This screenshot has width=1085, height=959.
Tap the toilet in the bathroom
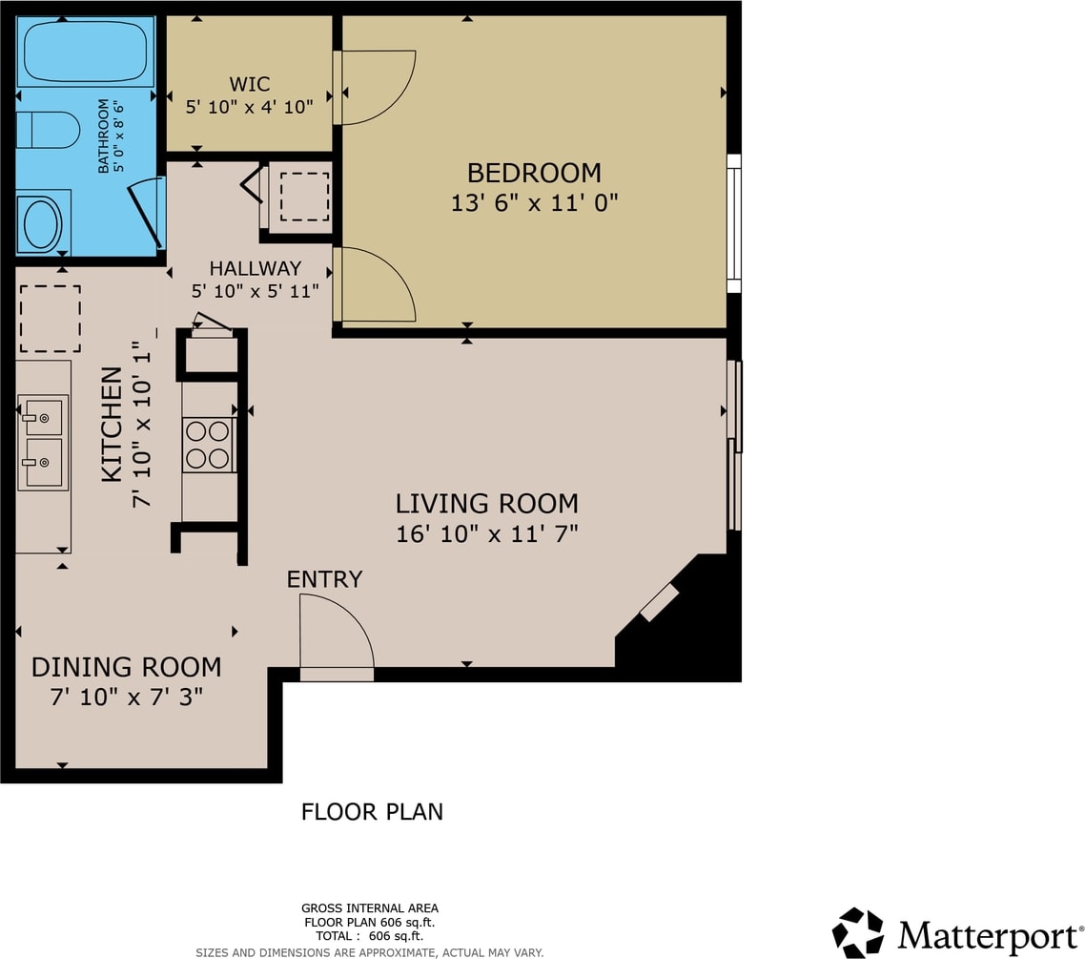tap(48, 130)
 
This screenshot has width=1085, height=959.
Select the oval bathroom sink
tap(43, 223)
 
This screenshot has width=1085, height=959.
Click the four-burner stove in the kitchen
tap(208, 445)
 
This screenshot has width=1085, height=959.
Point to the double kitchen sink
tap(43, 443)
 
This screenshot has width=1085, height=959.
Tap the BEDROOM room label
tap(534, 173)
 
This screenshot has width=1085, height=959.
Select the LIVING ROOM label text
tap(486, 504)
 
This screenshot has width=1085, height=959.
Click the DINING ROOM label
tap(127, 667)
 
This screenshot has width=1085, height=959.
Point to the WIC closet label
tap(249, 85)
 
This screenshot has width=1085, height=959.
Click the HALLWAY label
tap(256, 268)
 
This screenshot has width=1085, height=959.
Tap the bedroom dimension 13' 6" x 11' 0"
tap(534, 203)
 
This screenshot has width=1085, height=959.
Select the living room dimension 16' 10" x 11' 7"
tap(486, 533)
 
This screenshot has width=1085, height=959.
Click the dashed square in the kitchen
tap(50, 319)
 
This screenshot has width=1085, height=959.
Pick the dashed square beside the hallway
tap(304, 197)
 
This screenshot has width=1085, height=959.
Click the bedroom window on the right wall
tap(734, 223)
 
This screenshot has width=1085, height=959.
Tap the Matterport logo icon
tap(858, 932)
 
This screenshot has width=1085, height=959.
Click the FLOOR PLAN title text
tap(372, 811)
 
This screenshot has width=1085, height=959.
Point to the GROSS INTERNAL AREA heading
tap(370, 907)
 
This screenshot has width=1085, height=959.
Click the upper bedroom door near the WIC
tap(375, 87)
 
